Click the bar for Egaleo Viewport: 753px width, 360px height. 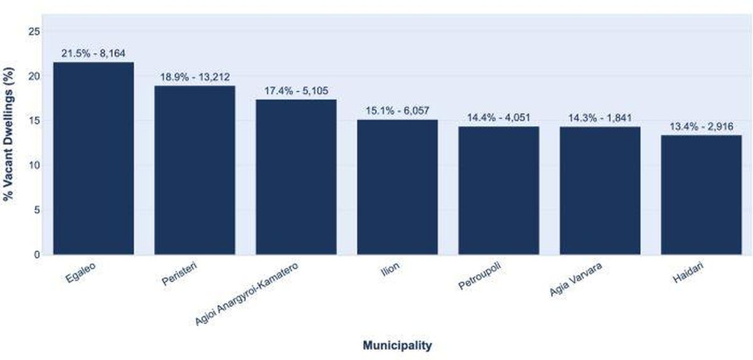(93, 158)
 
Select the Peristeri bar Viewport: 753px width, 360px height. (195, 170)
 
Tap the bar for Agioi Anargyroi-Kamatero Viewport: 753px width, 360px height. (296, 177)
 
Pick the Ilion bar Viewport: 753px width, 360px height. (397, 187)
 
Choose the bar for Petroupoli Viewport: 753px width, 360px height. (499, 190)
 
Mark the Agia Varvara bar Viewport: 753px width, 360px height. (600, 191)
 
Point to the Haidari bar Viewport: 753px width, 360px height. (702, 194)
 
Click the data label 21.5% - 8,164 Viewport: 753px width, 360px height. (93, 54)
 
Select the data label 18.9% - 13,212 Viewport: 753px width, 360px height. (195, 77)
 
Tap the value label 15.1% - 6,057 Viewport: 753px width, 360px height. (397, 111)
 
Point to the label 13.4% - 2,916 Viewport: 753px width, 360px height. (702, 127)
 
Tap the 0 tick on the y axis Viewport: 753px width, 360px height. (37, 255)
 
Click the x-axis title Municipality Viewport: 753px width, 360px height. (397, 345)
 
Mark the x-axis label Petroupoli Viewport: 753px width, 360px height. (480, 277)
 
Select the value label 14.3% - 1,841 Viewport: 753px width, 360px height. (600, 118)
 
